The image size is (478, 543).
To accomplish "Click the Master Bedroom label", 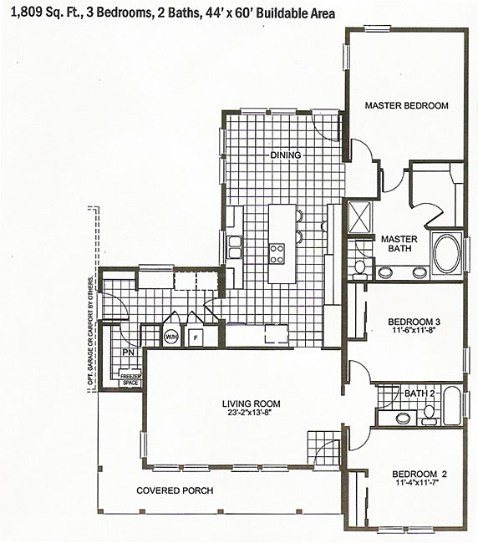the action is coord(407,105).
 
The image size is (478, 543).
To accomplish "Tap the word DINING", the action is coord(286,155).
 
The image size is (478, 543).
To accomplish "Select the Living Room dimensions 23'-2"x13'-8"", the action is coord(252,412).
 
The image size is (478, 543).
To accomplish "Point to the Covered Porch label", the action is coord(175,490).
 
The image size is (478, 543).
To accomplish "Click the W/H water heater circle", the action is coord(170,337).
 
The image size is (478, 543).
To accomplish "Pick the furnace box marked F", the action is coord(196,337).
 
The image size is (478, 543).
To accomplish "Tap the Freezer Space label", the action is coord(130,379).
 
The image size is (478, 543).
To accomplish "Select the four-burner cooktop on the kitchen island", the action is coord(277,253).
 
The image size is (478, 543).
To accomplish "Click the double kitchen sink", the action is coord(235,247).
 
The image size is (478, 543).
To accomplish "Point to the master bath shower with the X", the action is coord(359,217).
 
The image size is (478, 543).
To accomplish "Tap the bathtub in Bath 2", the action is coord(452,405).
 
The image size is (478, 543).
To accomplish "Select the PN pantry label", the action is coord(128,353).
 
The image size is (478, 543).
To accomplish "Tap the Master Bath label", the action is coord(399,243).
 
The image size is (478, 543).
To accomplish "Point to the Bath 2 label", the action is coord(420,393).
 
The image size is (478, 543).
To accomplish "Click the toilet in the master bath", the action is coord(359,269).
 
